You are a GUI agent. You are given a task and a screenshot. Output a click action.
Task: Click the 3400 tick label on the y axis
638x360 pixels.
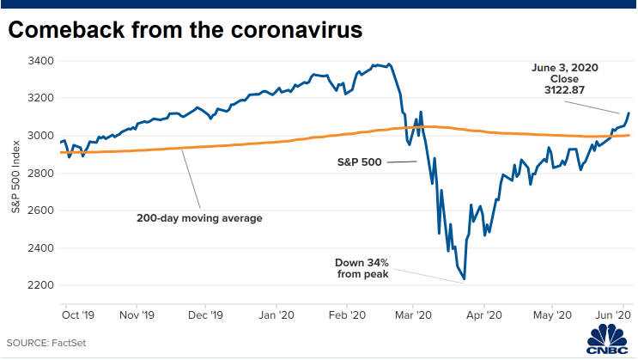[x=40, y=61]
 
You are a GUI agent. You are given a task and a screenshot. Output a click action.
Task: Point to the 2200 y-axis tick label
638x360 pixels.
[x=40, y=285]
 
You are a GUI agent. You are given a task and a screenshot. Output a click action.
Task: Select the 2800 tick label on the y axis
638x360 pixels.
[x=40, y=173]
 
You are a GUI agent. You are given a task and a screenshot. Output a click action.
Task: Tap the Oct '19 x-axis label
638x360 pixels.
[x=78, y=315]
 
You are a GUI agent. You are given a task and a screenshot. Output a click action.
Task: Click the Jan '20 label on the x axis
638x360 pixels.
[x=276, y=315]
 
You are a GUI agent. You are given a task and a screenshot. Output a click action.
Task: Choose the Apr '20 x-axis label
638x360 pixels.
[x=484, y=315]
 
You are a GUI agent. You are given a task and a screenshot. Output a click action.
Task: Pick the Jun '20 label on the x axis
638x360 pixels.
[x=613, y=315]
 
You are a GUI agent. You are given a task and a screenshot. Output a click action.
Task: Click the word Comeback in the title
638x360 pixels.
[x=66, y=30]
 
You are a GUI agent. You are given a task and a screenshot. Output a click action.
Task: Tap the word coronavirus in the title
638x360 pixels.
[x=296, y=30]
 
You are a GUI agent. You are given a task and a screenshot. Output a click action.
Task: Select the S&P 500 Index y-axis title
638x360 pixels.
[x=15, y=177]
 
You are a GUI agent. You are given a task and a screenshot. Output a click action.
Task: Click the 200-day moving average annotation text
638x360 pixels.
[x=199, y=218]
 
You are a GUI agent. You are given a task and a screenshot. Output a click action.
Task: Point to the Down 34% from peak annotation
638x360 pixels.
[x=362, y=268]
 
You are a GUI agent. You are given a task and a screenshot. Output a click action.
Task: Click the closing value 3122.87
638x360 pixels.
[x=564, y=90]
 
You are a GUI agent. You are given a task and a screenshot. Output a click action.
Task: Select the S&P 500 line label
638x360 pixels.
[x=360, y=162]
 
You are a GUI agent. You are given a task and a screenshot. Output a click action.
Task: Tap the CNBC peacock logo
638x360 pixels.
[x=607, y=339]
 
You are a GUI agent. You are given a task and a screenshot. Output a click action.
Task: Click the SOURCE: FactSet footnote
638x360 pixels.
[x=46, y=343]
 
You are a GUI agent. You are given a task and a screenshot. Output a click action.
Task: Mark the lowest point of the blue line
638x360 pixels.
[x=465, y=279]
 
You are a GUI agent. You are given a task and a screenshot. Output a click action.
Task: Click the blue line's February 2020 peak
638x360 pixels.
[x=389, y=64]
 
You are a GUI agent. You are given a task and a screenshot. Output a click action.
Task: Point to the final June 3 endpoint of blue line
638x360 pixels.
[x=629, y=113]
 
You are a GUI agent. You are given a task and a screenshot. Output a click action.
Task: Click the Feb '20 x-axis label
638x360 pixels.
[x=347, y=315]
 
